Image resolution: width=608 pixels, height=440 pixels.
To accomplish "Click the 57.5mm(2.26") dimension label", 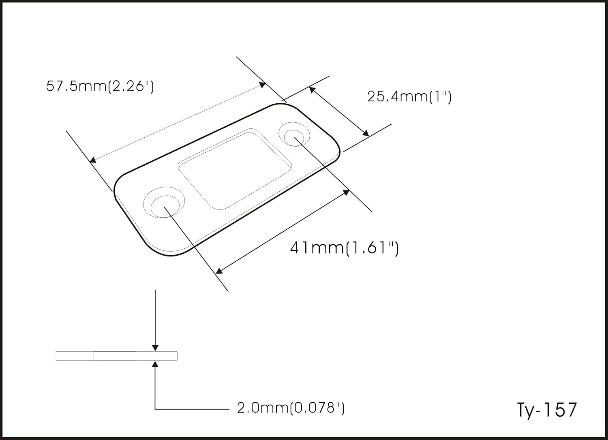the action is click(100, 87).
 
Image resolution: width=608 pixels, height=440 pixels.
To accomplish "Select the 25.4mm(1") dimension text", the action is click(409, 97).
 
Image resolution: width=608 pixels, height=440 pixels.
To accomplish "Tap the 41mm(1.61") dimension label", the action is click(345, 248).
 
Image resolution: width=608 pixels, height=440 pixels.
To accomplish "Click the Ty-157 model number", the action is click(547, 410).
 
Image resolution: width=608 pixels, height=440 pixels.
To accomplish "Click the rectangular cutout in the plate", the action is click(235, 169).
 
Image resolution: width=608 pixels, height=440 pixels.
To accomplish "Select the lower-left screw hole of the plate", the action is click(164, 202).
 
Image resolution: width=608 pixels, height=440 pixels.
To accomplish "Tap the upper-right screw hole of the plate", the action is click(294, 134).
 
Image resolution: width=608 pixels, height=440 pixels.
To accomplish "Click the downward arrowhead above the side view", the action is click(155, 348).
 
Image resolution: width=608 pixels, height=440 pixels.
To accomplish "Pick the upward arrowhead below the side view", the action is click(155, 364).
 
